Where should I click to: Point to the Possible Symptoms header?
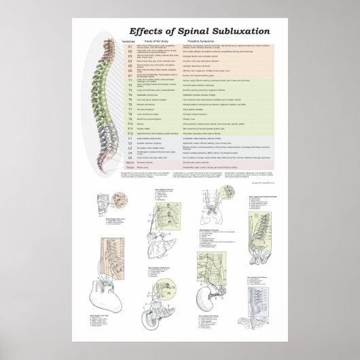[202, 41]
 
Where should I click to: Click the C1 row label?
[121, 47]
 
